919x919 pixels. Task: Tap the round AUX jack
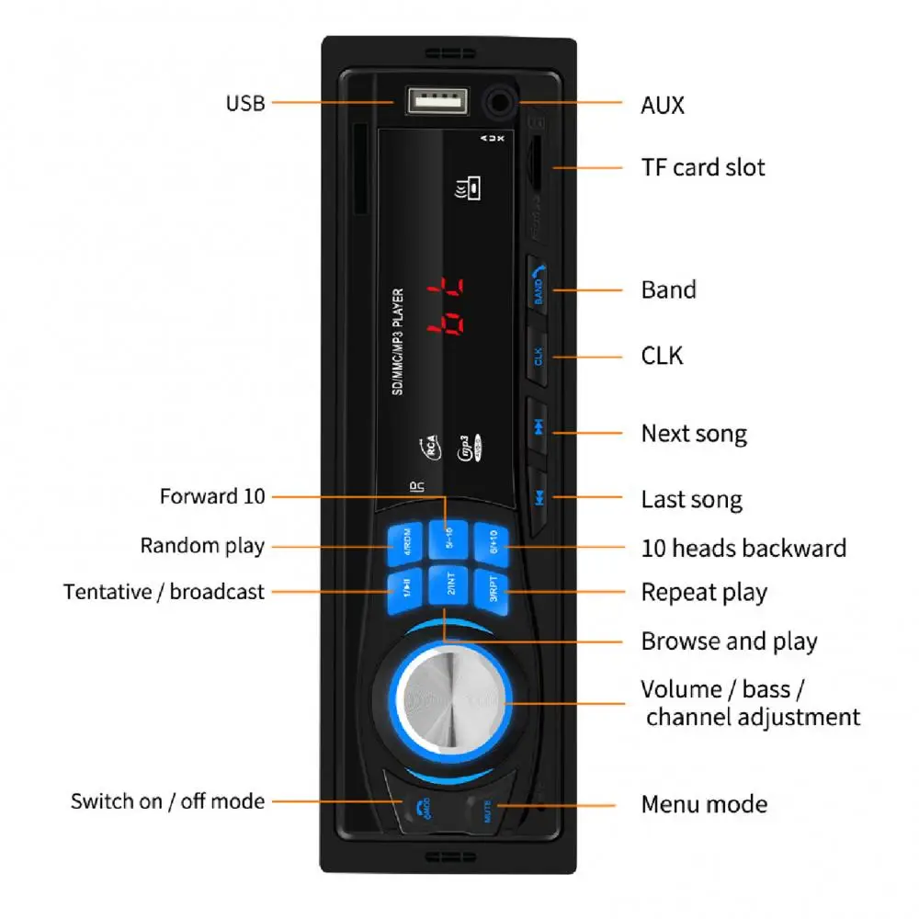point(499,102)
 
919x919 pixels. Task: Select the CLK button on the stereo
point(539,356)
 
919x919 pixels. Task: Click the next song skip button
point(540,425)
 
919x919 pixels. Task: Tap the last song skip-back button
point(541,498)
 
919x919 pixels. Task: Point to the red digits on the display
point(444,306)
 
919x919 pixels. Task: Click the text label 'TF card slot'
point(702,167)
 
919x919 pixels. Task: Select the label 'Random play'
point(202,546)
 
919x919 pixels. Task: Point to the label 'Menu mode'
point(704,804)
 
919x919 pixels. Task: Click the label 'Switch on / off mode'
point(167,800)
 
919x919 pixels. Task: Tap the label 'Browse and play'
point(729,641)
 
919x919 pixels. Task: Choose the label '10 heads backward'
point(743,549)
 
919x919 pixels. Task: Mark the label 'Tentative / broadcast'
point(164,592)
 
